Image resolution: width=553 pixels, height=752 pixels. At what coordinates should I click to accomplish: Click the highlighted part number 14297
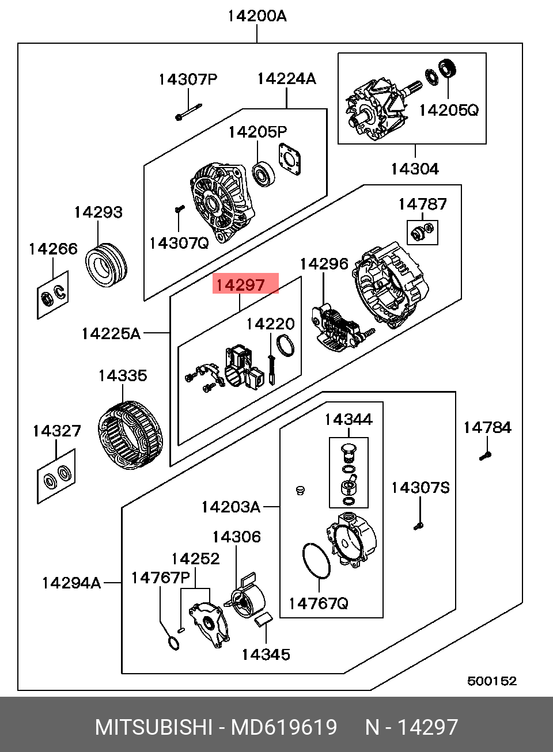pos(240,284)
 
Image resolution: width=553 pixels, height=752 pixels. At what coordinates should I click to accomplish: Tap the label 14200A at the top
pos(256,16)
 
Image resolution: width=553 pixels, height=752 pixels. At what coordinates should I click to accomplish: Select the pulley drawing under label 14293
pos(108,265)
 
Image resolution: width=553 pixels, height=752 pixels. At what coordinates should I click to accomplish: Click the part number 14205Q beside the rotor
pos(448,109)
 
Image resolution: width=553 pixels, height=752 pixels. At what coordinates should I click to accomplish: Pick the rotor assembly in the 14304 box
pos(374,109)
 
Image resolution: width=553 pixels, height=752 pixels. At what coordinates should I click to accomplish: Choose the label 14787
pos(422,204)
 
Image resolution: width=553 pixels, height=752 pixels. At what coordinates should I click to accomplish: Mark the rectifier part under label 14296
pos(335,330)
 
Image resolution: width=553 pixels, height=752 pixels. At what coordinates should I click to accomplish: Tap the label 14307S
pos(421,488)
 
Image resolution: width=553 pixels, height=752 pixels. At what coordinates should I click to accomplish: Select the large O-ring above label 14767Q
pos(316,559)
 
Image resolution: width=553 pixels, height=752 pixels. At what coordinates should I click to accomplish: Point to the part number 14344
pos(348,419)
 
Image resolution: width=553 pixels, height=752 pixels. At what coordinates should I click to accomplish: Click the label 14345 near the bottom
pos(266,655)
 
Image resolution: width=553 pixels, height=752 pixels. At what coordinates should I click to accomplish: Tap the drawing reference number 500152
pos(491,681)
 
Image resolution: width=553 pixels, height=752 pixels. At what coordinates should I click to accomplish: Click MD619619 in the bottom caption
pos(284,727)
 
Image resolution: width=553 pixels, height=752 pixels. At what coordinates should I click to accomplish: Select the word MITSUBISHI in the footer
pos(153,727)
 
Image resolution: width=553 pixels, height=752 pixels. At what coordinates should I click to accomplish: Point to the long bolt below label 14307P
pos(189,112)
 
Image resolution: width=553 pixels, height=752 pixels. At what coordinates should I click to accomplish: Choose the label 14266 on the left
pos(53,249)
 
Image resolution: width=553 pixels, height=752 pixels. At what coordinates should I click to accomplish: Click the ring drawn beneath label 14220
pos(287,347)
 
